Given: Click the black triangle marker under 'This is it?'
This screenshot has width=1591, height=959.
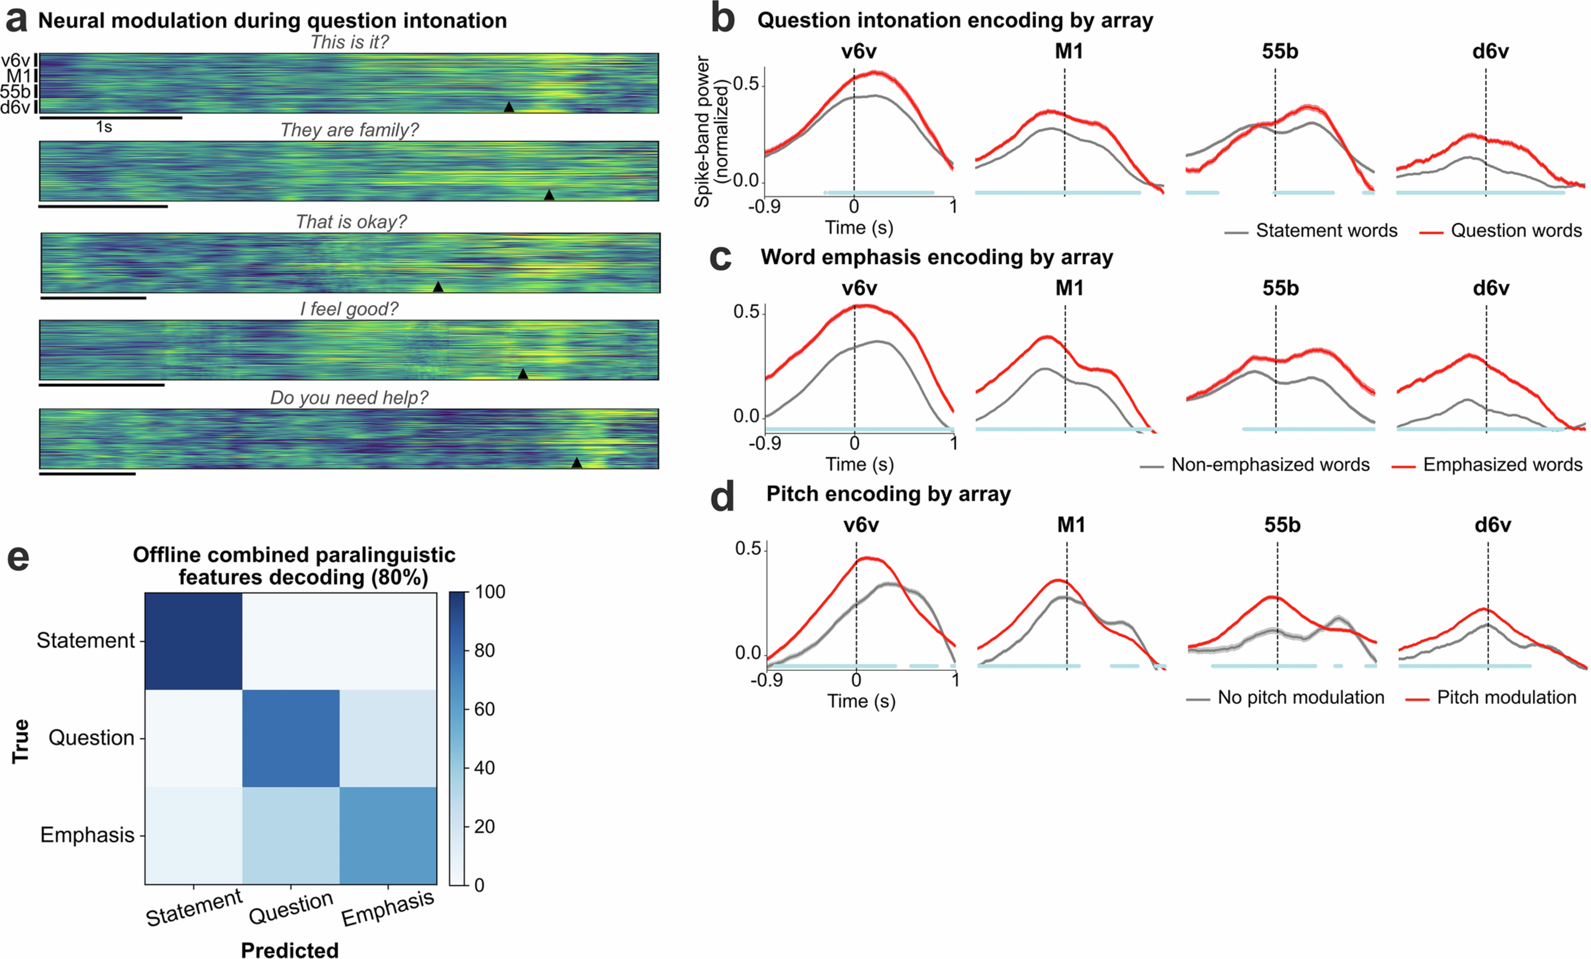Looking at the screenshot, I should pos(509,107).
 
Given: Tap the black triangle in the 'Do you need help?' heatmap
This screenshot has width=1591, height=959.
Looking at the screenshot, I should pos(577,463).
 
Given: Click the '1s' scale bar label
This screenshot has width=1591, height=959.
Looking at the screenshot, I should pos(104,127).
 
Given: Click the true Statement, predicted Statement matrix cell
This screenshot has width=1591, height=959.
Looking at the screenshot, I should pos(193,641).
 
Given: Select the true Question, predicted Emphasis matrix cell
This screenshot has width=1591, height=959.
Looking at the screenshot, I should pos(387,738).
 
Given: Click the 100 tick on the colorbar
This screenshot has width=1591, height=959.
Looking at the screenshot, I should pos(489,592).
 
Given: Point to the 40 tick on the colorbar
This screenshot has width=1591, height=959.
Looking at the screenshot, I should pos(484,768).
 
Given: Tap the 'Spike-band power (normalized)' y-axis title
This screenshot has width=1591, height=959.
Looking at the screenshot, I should pos(710,131).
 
